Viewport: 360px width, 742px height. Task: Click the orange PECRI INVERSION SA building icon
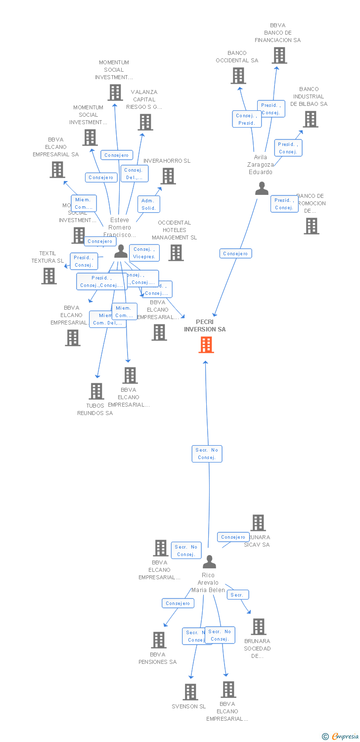coord(206,345)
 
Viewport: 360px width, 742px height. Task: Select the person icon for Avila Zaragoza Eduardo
coord(262,188)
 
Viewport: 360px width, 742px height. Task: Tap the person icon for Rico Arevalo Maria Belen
coord(210,562)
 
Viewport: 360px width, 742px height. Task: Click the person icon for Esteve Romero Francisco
coord(121,251)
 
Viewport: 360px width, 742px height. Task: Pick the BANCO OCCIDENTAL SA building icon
coord(238,76)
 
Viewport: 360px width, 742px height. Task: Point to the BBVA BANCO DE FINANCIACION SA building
coord(279,55)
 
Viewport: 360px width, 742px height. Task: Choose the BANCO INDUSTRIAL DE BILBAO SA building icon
coord(311,119)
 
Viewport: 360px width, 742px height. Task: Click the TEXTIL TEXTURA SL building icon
coord(49,276)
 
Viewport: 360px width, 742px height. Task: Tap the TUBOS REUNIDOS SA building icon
coord(96,391)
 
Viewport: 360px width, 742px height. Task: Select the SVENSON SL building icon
coord(190,692)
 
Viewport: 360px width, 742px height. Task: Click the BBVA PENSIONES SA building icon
coord(159,640)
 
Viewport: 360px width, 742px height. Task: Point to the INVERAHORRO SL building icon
coord(168,176)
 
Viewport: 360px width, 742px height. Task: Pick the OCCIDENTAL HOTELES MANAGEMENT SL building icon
coord(176,253)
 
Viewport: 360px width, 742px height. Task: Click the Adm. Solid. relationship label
coord(148,204)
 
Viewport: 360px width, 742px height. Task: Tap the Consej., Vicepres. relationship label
coord(144,253)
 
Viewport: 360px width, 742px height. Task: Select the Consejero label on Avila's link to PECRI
coord(236,254)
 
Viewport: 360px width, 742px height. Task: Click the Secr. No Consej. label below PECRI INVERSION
coord(207,454)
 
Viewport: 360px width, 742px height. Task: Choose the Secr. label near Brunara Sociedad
coord(238,595)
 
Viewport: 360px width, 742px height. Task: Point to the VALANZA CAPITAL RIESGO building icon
coord(145,122)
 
